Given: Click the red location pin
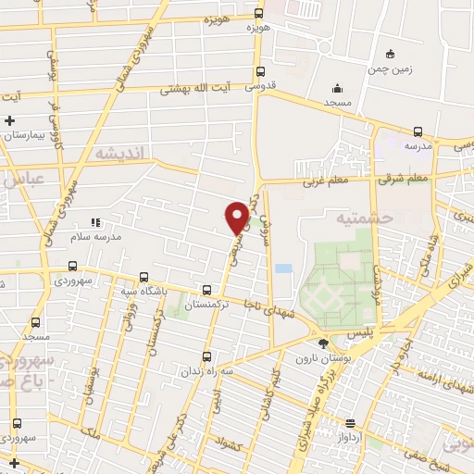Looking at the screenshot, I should (237, 217).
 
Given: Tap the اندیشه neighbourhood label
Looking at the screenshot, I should (116, 153).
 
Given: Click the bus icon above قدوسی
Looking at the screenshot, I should (260, 71).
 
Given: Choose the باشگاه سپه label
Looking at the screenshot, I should (144, 291).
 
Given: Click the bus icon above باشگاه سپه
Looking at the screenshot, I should (143, 277).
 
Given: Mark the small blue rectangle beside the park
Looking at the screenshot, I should (282, 268).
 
